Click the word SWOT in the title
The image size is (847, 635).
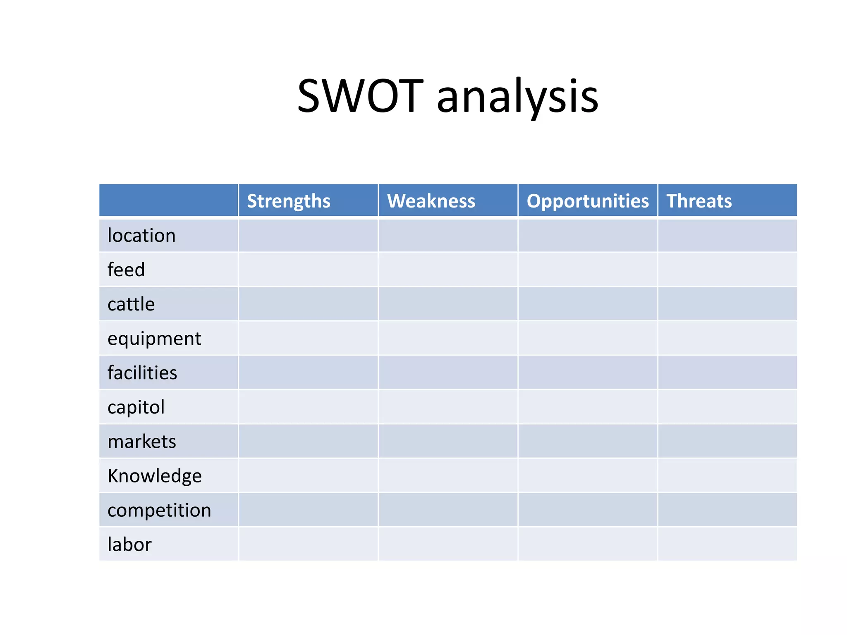(360, 96)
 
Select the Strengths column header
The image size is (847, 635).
(289, 201)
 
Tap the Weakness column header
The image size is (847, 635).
(431, 201)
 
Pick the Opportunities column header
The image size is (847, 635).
(587, 201)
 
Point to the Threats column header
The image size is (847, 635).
(699, 201)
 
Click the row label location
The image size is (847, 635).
(141, 236)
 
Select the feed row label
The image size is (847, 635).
(126, 270)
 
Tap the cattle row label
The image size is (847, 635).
(131, 304)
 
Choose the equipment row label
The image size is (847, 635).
(154, 339)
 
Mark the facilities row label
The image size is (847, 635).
(142, 373)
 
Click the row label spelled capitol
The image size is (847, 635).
(136, 407)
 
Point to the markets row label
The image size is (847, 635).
(142, 442)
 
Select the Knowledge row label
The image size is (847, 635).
(155, 476)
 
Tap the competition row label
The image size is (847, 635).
(159, 510)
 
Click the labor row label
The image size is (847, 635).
(129, 544)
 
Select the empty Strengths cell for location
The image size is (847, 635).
(308, 236)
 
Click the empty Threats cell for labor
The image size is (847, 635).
(727, 544)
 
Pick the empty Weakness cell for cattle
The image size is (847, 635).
(448, 304)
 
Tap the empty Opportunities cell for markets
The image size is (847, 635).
(587, 442)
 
